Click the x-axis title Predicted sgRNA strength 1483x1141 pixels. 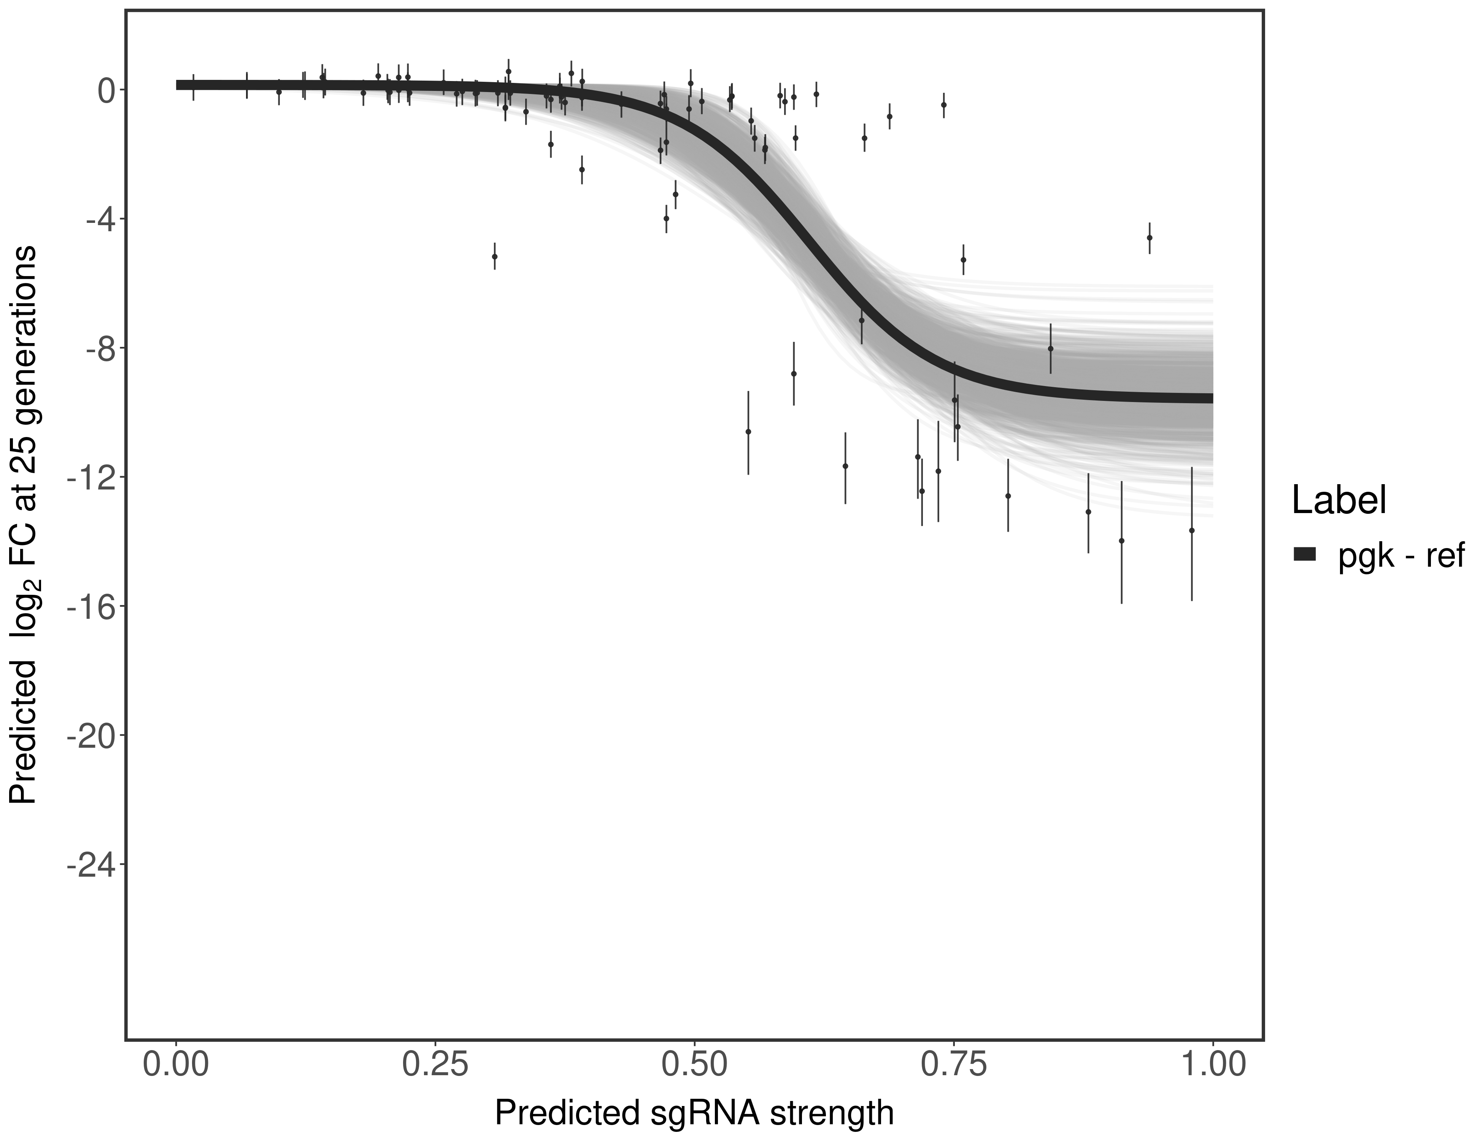point(694,1112)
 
